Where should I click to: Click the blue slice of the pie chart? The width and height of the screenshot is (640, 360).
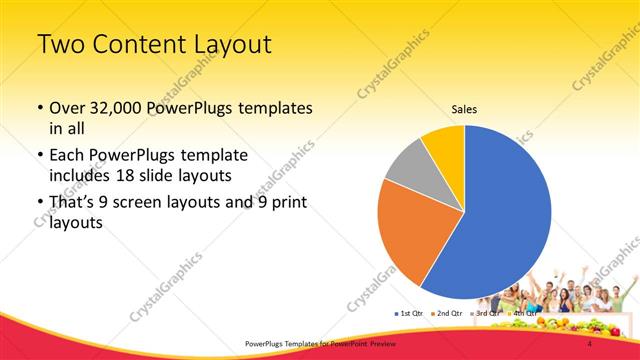click(x=505, y=215)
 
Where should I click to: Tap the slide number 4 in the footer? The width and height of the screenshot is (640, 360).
click(x=590, y=344)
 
